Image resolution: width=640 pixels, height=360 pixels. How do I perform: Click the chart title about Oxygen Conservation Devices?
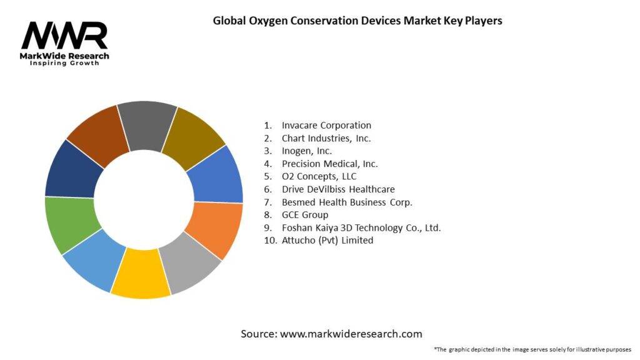click(357, 20)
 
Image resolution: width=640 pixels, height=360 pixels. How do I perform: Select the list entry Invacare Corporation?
click(326, 125)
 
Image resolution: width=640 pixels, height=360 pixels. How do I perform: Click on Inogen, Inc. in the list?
click(307, 151)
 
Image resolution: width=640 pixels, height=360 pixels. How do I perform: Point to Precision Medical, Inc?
click(329, 164)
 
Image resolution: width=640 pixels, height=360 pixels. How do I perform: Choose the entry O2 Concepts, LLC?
click(319, 176)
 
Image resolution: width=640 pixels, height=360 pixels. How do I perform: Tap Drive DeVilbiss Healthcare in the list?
click(338, 189)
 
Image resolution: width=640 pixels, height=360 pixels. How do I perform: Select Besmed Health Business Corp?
click(347, 202)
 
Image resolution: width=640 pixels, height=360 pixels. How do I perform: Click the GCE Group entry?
click(305, 214)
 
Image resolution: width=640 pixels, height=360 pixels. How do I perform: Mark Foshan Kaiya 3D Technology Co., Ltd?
click(361, 227)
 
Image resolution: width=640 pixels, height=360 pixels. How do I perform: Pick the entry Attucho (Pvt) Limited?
click(327, 240)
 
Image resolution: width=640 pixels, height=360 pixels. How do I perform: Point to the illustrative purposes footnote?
click(532, 349)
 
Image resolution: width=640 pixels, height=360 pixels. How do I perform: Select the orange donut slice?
click(215, 228)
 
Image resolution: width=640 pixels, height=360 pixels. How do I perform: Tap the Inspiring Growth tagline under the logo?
click(64, 63)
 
